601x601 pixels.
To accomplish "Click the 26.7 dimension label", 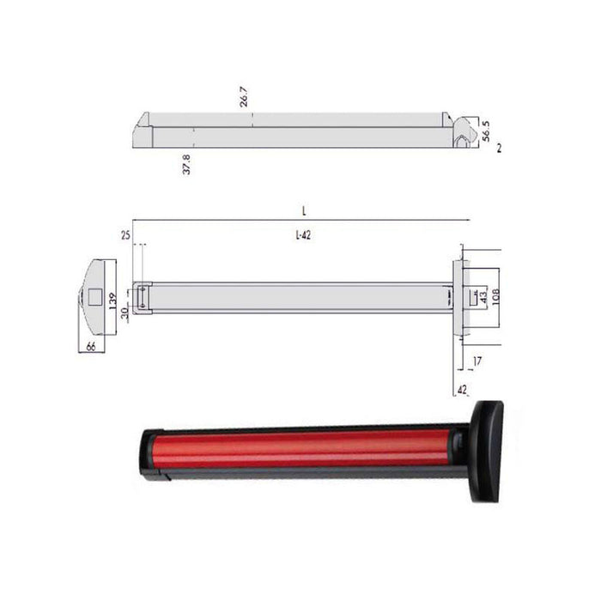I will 245,100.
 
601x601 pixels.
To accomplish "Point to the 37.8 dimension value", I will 186,164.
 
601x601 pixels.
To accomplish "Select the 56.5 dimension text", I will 487,131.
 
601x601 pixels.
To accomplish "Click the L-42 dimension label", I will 302,236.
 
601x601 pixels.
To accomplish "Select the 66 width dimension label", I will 90,348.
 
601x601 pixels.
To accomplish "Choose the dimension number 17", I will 477,362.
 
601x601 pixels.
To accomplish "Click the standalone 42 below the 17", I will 463,389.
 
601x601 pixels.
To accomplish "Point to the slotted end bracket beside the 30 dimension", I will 143,297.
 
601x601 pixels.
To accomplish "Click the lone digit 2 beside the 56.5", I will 499,149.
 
